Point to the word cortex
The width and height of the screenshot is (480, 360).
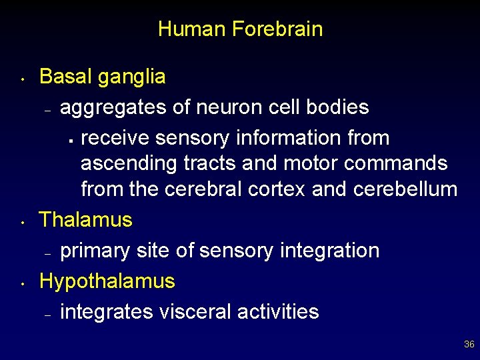pyautogui.click(x=277, y=189)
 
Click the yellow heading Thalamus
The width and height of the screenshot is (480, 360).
pyautogui.click(x=86, y=220)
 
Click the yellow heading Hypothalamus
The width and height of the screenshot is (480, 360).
pyautogui.click(x=107, y=282)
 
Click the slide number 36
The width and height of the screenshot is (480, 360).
pyautogui.click(x=469, y=345)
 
